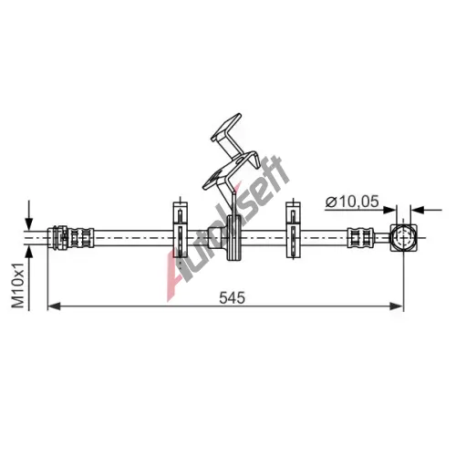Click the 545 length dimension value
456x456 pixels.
pyautogui.click(x=232, y=297)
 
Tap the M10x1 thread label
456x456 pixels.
pyautogui.click(x=17, y=285)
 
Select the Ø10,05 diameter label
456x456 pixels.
pyautogui.click(x=352, y=202)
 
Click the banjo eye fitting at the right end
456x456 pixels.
pyautogui.click(x=403, y=238)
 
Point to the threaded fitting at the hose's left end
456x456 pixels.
pyautogui.click(x=71, y=238)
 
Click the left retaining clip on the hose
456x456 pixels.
pyautogui.click(x=181, y=230)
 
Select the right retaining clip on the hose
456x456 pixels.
pyautogui.click(x=294, y=230)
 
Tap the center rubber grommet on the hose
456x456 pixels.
pyautogui.click(x=234, y=238)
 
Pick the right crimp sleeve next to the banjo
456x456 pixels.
pyautogui.click(x=360, y=238)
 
